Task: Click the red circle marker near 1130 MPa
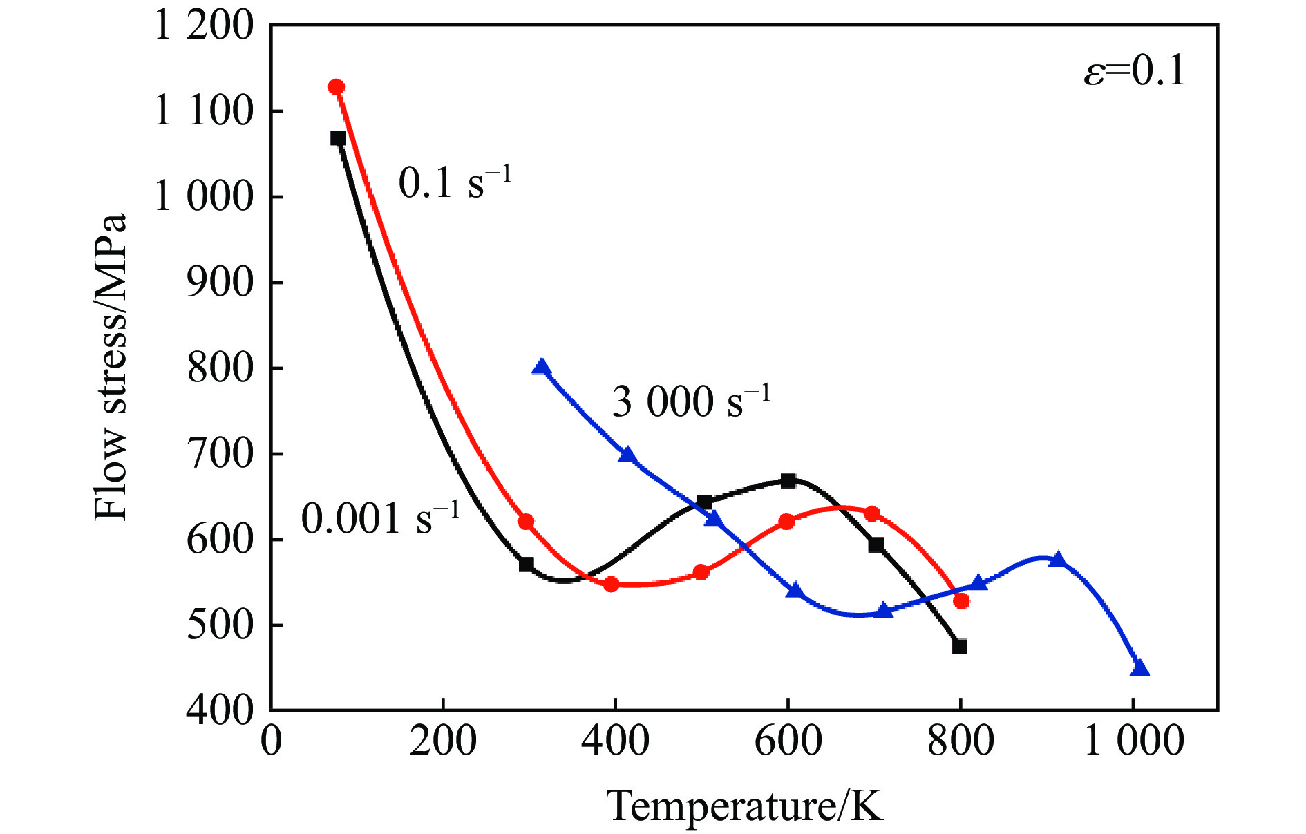click(x=337, y=87)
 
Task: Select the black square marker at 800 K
click(x=960, y=647)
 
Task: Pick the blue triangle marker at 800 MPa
click(x=542, y=368)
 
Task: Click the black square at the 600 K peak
click(x=788, y=481)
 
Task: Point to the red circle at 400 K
click(x=611, y=585)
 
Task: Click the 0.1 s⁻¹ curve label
click(x=455, y=184)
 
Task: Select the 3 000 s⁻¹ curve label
click(x=691, y=401)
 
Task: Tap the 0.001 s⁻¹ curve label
click(x=380, y=518)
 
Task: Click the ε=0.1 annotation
click(x=1134, y=72)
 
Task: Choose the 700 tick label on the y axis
click(x=220, y=454)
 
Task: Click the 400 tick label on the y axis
click(x=220, y=710)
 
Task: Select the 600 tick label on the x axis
click(x=788, y=741)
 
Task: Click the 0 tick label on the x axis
click(x=272, y=741)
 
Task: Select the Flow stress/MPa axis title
click(x=111, y=367)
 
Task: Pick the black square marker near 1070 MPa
click(x=338, y=138)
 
